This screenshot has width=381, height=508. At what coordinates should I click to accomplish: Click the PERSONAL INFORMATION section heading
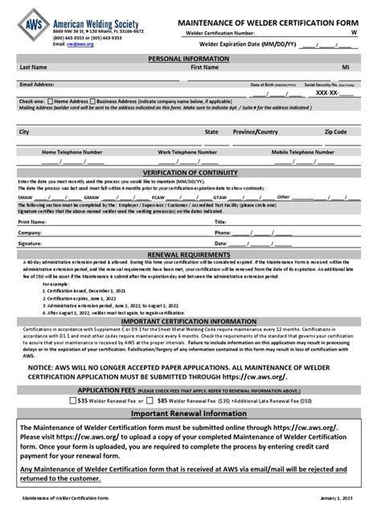(190, 59)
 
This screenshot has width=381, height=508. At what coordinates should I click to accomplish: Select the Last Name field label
(32, 68)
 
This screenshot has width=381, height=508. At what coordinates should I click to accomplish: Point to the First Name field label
(206, 68)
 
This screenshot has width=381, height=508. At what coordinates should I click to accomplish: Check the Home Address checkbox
(51, 102)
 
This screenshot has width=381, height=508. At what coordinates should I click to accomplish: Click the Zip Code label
(335, 131)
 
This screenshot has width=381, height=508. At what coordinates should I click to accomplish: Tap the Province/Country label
(256, 131)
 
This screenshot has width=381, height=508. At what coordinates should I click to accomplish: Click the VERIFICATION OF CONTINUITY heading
(190, 173)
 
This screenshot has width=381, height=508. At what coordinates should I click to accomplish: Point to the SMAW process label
(25, 196)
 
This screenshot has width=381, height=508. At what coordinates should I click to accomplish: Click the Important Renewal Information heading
(190, 412)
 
